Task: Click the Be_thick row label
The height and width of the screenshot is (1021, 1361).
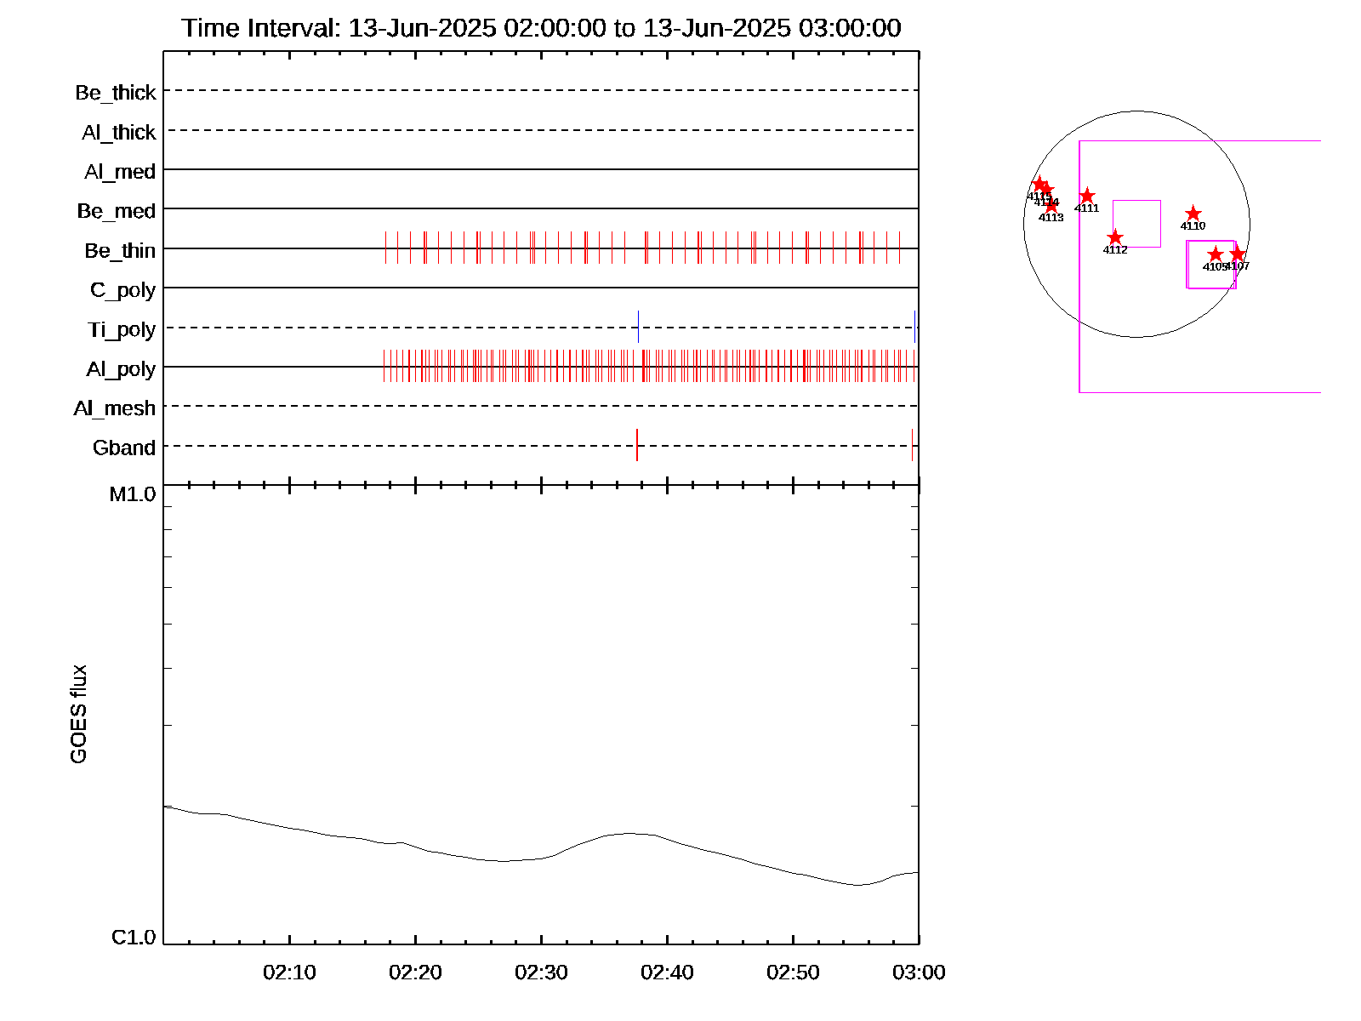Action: tap(116, 93)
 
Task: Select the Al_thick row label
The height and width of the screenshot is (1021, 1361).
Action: tap(119, 133)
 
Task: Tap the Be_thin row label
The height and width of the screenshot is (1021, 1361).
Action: tap(120, 251)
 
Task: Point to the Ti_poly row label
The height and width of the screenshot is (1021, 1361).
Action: tap(122, 329)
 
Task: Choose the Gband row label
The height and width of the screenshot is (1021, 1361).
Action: tap(124, 448)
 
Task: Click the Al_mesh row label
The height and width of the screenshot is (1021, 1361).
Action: tap(115, 408)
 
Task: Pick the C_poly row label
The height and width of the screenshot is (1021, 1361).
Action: tap(123, 290)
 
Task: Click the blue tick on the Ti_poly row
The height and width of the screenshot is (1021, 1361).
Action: tap(638, 327)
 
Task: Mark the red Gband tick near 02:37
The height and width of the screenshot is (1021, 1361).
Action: tap(637, 445)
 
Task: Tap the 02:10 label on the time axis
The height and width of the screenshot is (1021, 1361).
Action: tap(289, 973)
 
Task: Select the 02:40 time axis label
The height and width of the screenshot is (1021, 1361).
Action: tap(667, 973)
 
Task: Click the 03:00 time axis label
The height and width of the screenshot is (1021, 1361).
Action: tap(919, 973)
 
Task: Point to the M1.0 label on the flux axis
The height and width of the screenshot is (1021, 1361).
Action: tap(133, 494)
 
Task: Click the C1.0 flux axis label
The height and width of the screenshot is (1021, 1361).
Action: tap(134, 938)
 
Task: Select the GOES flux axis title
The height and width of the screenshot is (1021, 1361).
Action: tap(78, 714)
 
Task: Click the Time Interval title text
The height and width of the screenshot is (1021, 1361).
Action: tap(541, 28)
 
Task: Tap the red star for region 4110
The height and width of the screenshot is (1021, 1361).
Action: tap(1193, 214)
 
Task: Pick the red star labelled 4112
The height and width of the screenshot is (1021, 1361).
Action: tap(1115, 237)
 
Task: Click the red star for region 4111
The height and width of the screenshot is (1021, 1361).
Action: tap(1087, 197)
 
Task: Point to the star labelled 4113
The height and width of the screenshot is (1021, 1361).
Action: tap(1051, 206)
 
